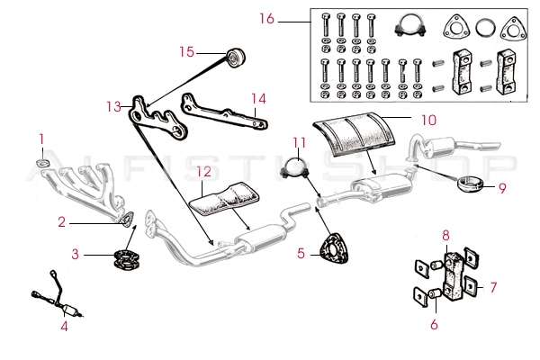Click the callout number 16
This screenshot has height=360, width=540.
tap(265, 18)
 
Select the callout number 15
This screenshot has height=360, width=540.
tap(186, 52)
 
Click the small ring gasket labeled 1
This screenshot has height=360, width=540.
tap(41, 163)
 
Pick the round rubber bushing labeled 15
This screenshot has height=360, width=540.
tap(238, 58)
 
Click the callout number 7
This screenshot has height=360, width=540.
tap(492, 287)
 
